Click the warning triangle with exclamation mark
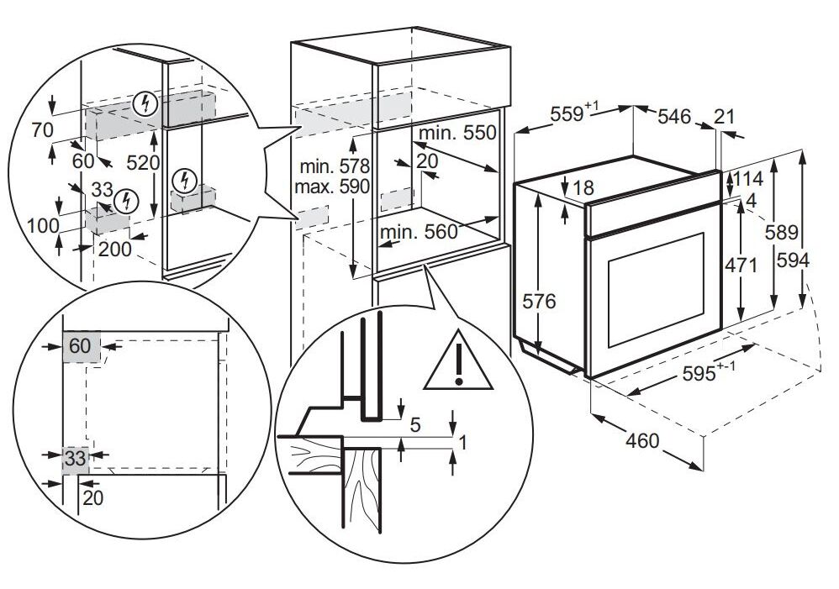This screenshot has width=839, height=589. pyautogui.click(x=458, y=361)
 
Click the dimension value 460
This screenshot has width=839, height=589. pyautogui.click(x=642, y=440)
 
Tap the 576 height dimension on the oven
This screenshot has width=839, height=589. pyautogui.click(x=540, y=302)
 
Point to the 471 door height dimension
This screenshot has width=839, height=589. pyautogui.click(x=741, y=265)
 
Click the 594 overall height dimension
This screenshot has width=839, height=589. pyautogui.click(x=793, y=260)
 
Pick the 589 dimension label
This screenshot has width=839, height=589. pyautogui.click(x=781, y=232)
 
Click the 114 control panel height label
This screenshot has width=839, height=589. pyautogui.click(x=748, y=177)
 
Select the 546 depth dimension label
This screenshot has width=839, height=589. pyautogui.click(x=673, y=116)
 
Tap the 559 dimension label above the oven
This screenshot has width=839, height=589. pyautogui.click(x=574, y=113)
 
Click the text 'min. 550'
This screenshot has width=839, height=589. pyautogui.click(x=457, y=133)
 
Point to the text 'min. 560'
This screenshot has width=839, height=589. pyautogui.click(x=419, y=232)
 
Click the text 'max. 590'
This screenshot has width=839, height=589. pyautogui.click(x=332, y=187)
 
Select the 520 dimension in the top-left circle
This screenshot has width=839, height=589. pyautogui.click(x=143, y=163)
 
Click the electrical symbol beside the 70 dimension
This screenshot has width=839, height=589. pyautogui.click(x=145, y=104)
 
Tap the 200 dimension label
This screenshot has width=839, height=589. pyautogui.click(x=114, y=249)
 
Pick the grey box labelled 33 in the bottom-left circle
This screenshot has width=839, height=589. pyautogui.click(x=76, y=459)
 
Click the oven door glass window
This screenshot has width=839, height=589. pyautogui.click(x=656, y=289)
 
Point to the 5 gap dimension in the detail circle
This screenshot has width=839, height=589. pyautogui.click(x=415, y=425)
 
